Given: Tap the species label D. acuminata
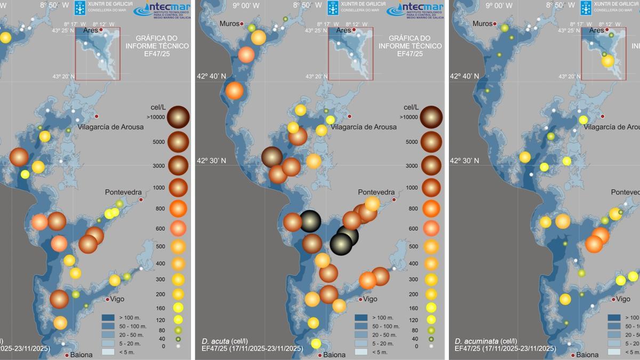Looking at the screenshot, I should click(473, 341).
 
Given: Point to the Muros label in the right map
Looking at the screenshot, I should click(482, 24).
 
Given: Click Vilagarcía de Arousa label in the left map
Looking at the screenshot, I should click(110, 127).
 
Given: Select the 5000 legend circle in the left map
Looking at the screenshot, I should click(178, 142).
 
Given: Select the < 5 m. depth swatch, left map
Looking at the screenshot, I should click(108, 352).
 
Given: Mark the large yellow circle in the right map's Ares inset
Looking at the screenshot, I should click(607, 61).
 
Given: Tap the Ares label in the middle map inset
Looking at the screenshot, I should click(343, 30).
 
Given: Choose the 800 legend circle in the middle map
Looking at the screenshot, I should click(431, 208).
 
